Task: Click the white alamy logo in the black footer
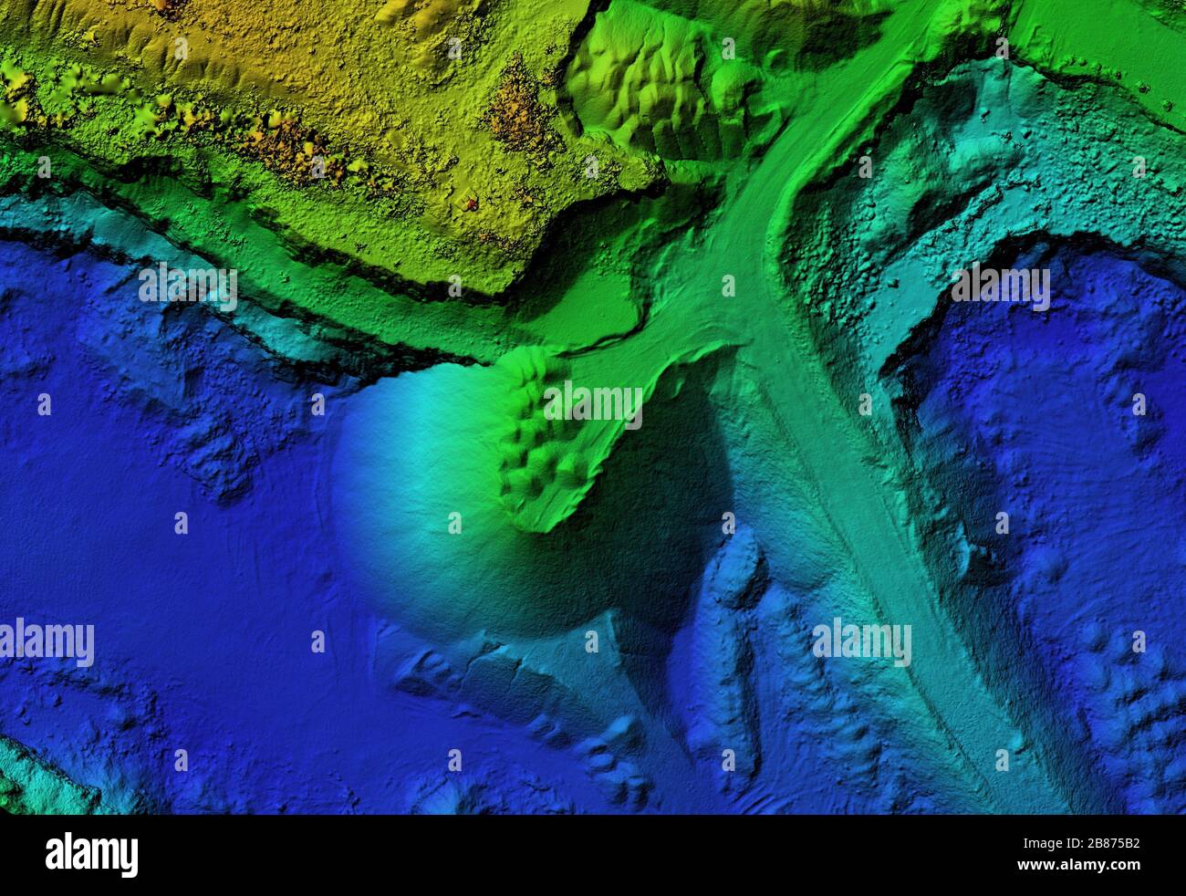tap(91, 855)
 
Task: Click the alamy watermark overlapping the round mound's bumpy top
tap(593, 405)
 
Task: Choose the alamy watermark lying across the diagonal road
tap(861, 641)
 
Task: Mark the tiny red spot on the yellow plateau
tap(471, 203)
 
